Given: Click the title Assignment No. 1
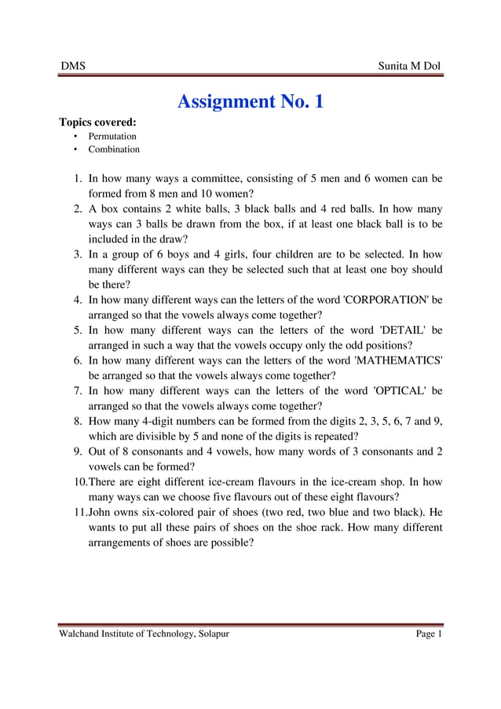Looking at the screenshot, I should coord(251,101).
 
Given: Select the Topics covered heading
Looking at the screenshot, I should coord(98,122).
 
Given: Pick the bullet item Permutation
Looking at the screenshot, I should coord(112,137).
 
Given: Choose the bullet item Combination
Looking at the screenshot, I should coord(114,149).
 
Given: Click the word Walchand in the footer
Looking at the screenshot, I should coord(82,634).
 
